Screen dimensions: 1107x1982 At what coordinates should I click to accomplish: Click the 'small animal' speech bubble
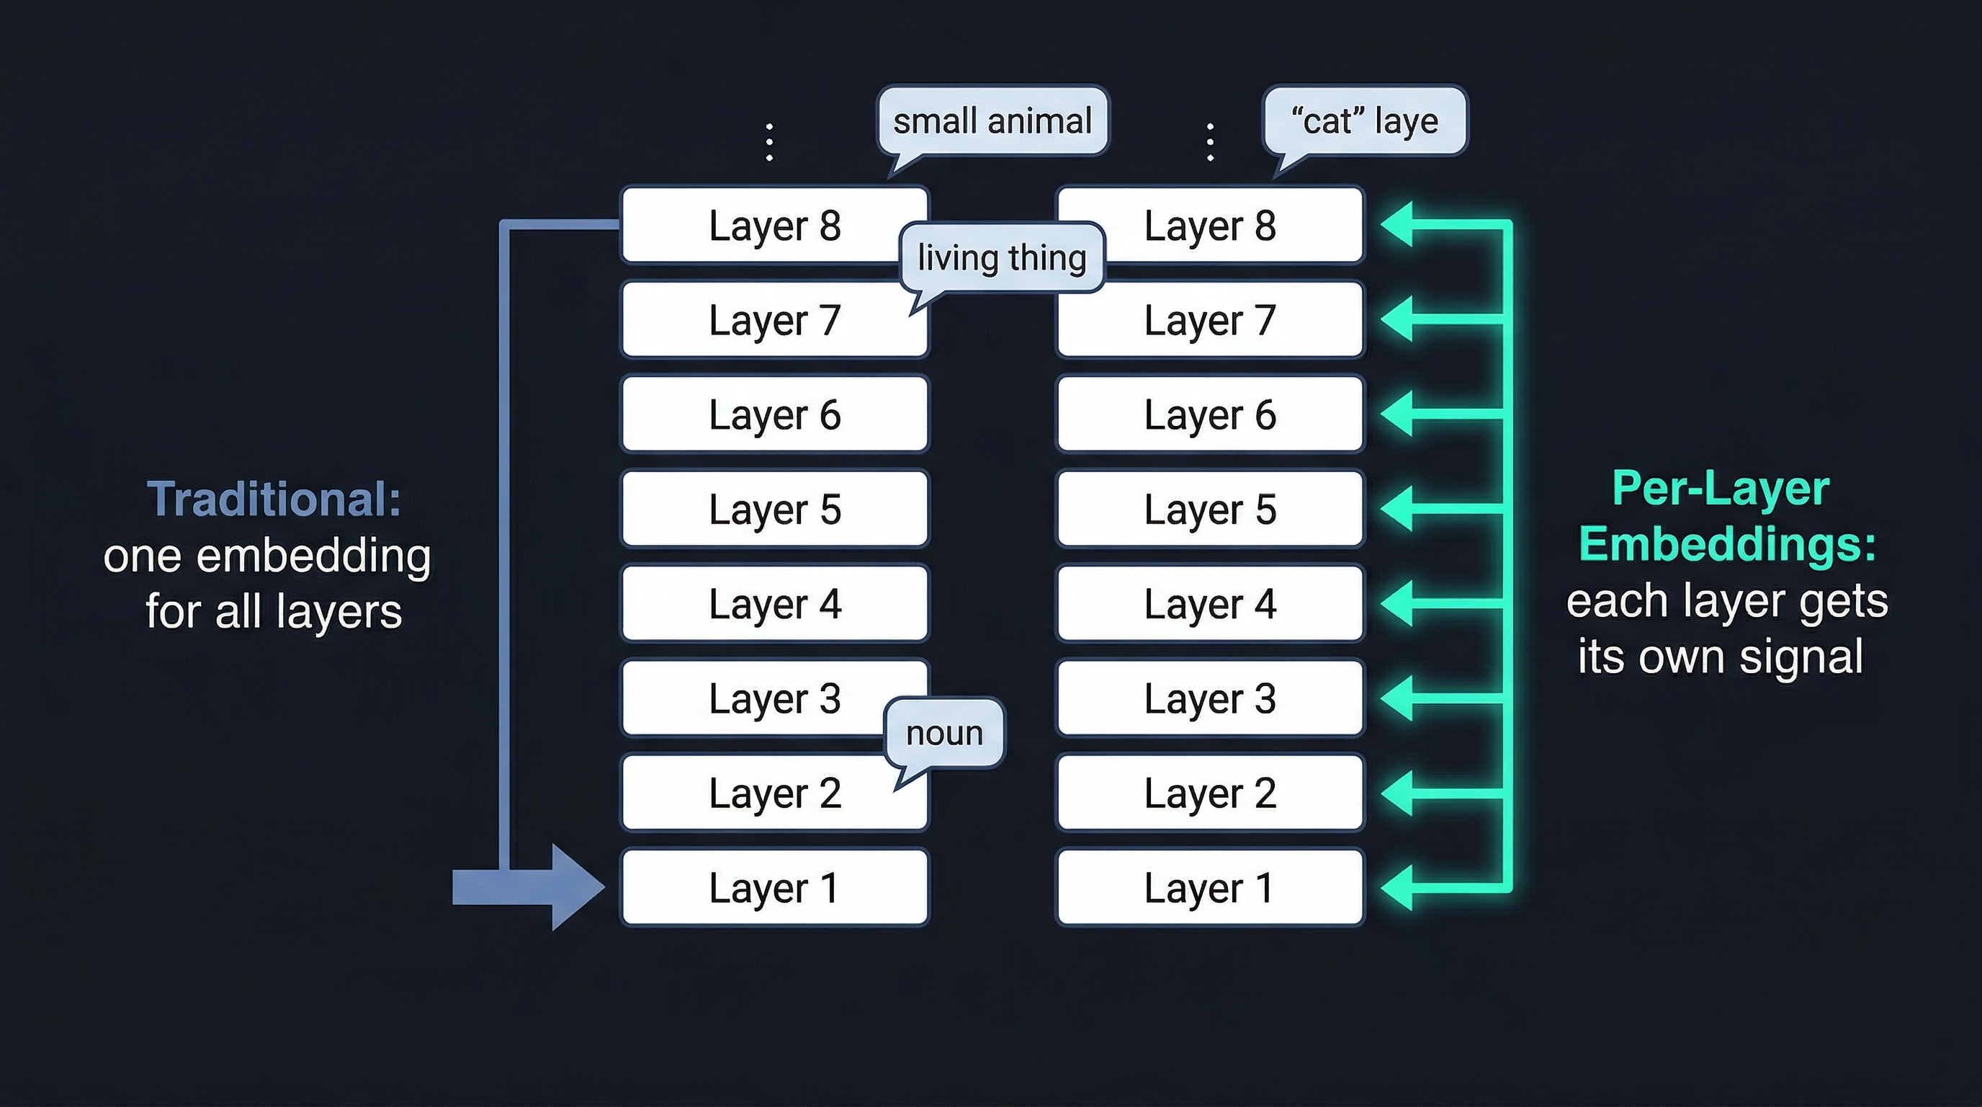(992, 122)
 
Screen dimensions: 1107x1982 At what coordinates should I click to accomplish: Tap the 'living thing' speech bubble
(1002, 257)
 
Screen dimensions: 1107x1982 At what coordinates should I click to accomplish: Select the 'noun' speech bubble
(944, 733)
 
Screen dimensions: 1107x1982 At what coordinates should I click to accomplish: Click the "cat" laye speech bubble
(1365, 122)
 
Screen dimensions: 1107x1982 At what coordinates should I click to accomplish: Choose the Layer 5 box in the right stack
(1209, 509)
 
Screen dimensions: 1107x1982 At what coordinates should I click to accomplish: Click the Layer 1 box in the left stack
(774, 887)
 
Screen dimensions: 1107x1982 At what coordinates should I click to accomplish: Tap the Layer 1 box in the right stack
(1209, 887)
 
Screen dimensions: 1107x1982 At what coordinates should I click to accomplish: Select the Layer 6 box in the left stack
(774, 414)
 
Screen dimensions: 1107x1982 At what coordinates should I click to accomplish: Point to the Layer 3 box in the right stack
(1209, 698)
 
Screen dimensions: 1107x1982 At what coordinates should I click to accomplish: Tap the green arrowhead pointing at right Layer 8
(1397, 225)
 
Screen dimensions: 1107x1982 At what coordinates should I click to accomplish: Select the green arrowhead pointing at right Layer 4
(1397, 603)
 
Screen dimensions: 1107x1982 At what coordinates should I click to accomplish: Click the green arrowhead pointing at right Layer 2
(1397, 793)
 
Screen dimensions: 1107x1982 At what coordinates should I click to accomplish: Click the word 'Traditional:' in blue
(274, 499)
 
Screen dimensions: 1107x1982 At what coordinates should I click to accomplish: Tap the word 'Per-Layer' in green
(1721, 488)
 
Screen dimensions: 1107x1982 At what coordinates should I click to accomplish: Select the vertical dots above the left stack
(769, 142)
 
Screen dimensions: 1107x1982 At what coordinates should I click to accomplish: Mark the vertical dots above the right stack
(1210, 142)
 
